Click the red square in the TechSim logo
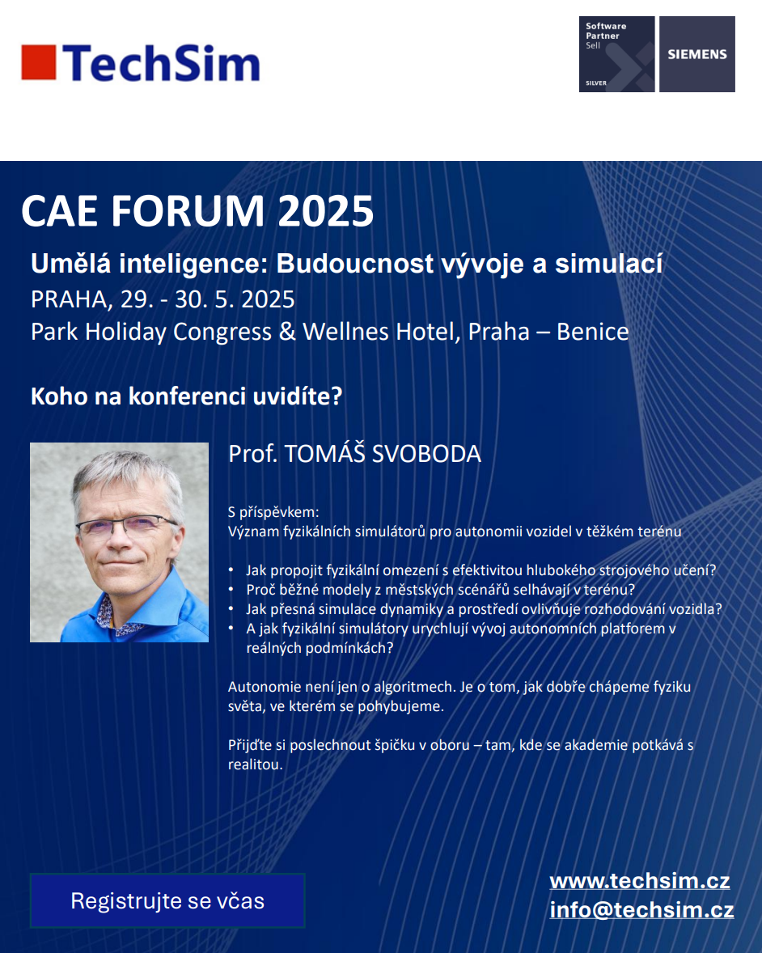[x=39, y=62]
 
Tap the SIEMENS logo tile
[x=697, y=54]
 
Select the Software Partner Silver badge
[x=616, y=54]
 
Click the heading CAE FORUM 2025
[x=197, y=211]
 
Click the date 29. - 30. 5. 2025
[x=208, y=299]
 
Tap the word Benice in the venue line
[x=592, y=332]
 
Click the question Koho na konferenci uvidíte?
[x=187, y=396]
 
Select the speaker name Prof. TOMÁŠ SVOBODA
[x=355, y=453]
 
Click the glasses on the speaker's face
[x=126, y=524]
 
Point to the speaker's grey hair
[x=125, y=477]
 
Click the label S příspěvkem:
[x=273, y=512]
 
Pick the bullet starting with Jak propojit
[x=480, y=570]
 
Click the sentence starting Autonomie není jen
[x=459, y=697]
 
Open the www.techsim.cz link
[x=640, y=881]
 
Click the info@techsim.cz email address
[x=641, y=910]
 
